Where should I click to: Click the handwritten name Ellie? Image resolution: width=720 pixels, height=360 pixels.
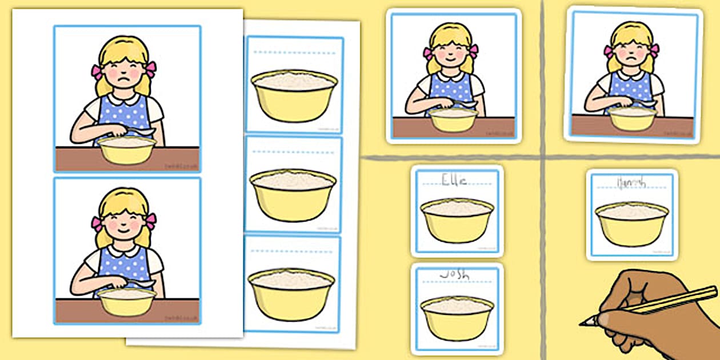[455, 181]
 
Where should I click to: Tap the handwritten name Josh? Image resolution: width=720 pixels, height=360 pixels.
[455, 275]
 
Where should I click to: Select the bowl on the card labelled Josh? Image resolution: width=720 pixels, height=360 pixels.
[457, 317]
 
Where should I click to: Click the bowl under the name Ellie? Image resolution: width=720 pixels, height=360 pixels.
[457, 219]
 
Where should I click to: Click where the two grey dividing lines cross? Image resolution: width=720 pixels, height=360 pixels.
[543, 157]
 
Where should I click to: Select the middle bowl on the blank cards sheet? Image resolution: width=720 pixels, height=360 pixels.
[293, 194]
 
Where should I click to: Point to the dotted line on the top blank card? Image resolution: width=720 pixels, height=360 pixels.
[293, 51]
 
